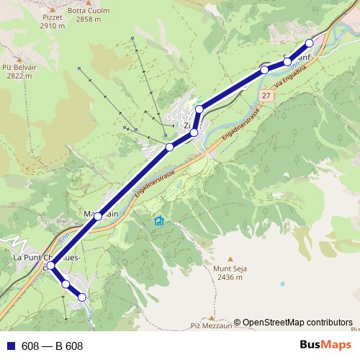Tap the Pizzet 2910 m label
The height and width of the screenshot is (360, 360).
tap(53, 20)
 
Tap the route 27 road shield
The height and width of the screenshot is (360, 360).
tap(266, 96)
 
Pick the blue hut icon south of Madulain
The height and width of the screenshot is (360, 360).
tap(158, 220)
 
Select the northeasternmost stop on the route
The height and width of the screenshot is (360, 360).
tap(310, 42)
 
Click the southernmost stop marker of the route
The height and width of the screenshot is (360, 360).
tap(82, 297)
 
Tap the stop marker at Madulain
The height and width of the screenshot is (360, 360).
tap(98, 216)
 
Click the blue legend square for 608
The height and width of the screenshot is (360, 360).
tap(10, 346)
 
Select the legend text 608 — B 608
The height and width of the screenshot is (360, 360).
tap(53, 346)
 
